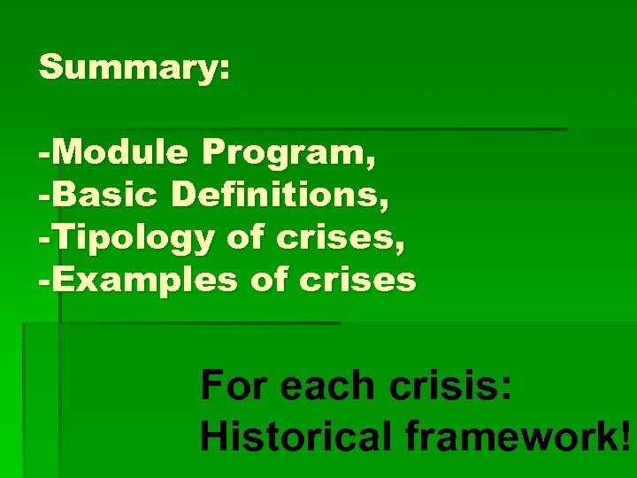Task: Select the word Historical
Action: point(296,435)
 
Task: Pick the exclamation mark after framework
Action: point(625,435)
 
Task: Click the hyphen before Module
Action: point(44,155)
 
